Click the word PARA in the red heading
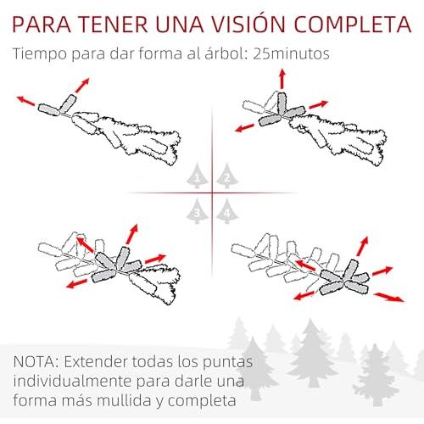tap(42, 25)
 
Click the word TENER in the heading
tap(114, 25)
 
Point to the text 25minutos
tap(291, 53)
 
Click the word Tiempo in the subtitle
tap(40, 54)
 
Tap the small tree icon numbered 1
tap(198, 176)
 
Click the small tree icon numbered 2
tap(227, 176)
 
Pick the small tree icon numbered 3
tap(198, 211)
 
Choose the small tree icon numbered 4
tap(227, 211)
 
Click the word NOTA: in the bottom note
tap(36, 362)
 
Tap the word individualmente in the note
tap(73, 382)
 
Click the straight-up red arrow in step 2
tap(282, 79)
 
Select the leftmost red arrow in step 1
tap(26, 101)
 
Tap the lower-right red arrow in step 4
tap(389, 298)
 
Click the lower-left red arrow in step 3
tap(77, 284)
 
